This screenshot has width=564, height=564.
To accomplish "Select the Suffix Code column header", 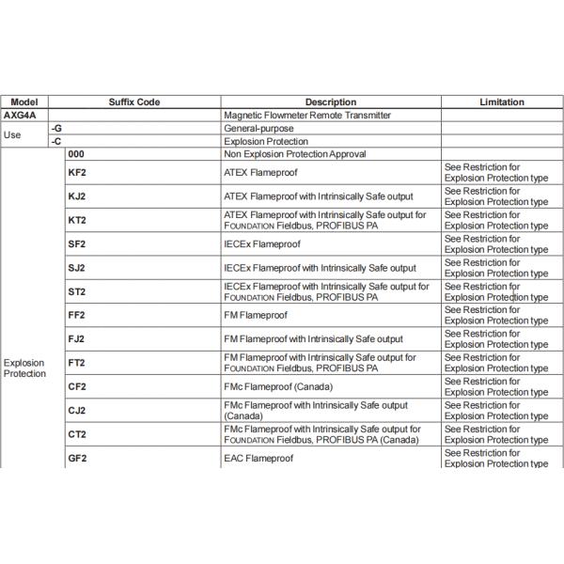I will pyautogui.click(x=134, y=102).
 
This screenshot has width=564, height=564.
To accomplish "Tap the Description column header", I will pyautogui.click(x=330, y=102).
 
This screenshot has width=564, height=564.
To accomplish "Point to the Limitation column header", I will pyautogui.click(x=502, y=102).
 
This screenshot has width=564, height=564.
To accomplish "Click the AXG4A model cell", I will pyautogui.click(x=20, y=115).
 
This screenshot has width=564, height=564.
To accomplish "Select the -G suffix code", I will pyautogui.click(x=56, y=128).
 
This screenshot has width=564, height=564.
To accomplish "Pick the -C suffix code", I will pyautogui.click(x=56, y=141).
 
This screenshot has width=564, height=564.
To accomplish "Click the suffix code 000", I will pyautogui.click(x=77, y=153).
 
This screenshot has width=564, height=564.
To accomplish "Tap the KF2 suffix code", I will pyautogui.click(x=77, y=173).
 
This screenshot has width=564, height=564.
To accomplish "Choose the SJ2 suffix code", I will pyautogui.click(x=77, y=268).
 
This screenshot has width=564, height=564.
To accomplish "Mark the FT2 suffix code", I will pyautogui.click(x=77, y=363).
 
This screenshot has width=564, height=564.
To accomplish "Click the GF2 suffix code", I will pyautogui.click(x=77, y=458).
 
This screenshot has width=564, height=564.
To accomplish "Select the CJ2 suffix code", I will pyautogui.click(x=77, y=411).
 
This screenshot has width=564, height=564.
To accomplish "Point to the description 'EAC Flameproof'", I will pyautogui.click(x=258, y=458).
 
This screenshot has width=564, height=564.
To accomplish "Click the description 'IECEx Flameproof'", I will pyautogui.click(x=262, y=244).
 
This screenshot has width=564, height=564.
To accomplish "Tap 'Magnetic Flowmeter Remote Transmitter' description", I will pyautogui.click(x=307, y=115).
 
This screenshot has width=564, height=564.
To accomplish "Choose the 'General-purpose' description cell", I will pyautogui.click(x=258, y=128).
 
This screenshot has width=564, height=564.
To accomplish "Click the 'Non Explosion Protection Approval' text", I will pyautogui.click(x=295, y=153).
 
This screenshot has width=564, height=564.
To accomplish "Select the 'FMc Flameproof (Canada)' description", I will pyautogui.click(x=278, y=386).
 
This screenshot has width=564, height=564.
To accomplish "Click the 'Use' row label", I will pyautogui.click(x=12, y=134).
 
